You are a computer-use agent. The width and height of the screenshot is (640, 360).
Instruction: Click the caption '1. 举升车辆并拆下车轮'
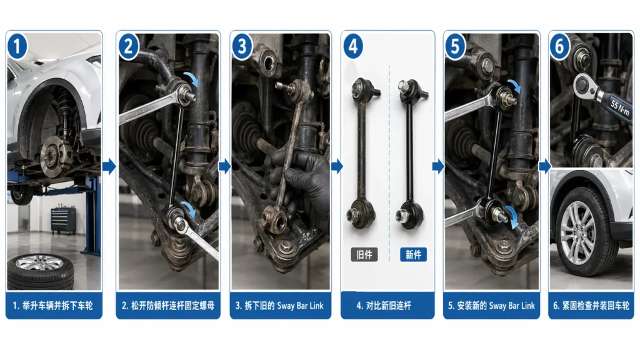pos(54,306)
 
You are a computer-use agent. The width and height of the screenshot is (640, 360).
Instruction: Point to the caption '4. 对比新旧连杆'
pos(387,306)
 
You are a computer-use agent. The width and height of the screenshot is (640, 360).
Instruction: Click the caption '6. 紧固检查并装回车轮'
pos(591,306)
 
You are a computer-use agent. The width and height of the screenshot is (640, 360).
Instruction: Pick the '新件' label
pos(413,254)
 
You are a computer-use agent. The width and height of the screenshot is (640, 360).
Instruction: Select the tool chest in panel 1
pos(63,220)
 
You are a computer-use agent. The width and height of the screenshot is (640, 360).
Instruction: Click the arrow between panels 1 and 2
pos(109,166)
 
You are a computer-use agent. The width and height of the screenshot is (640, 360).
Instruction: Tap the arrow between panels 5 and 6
pos(544,166)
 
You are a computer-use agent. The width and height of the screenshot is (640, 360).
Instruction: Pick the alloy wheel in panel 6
pos(578,232)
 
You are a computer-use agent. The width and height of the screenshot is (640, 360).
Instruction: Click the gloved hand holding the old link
pos(307,181)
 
